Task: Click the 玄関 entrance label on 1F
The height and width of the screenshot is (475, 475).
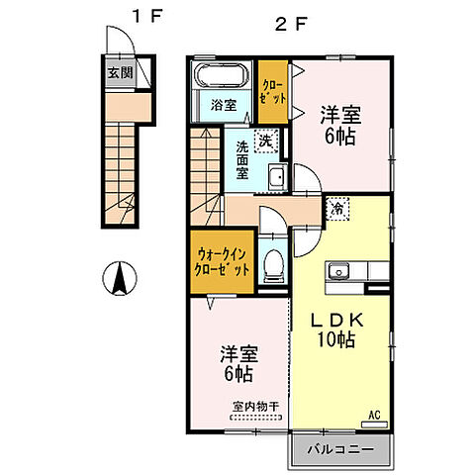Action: pos(121,73)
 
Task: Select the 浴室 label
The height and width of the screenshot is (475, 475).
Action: pos(224,106)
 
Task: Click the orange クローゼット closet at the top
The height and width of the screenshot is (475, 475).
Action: pos(273,92)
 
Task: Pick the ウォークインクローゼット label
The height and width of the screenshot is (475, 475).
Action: pos(222,262)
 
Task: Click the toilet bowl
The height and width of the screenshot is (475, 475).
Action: pos(273,265)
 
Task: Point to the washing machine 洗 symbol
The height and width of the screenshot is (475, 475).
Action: pos(266,142)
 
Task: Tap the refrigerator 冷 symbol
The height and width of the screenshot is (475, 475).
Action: pos(337,209)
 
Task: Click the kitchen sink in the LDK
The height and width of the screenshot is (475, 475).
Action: pos(337,272)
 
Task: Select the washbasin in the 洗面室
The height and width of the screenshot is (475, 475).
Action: pos(278,177)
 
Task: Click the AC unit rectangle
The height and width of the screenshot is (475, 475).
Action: pos(374,425)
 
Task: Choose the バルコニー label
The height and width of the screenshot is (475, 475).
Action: pos(340,449)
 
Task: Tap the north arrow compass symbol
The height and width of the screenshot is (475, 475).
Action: pos(120,278)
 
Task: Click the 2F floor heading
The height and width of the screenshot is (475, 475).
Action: pos(291,24)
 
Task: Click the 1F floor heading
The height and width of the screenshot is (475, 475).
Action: pos(147,17)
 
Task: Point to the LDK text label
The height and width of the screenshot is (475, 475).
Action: pos(337,320)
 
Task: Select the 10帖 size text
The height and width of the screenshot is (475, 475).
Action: pos(336,339)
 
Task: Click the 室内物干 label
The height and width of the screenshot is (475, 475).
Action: pos(256,407)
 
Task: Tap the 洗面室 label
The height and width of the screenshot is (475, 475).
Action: pos(242,160)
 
